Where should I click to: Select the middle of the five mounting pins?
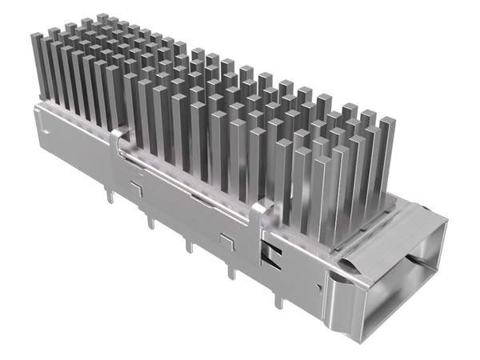pyautogui.click(x=189, y=245)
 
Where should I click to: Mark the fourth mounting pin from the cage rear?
pyautogui.click(x=231, y=271)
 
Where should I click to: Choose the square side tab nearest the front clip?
pyautogui.click(x=227, y=240)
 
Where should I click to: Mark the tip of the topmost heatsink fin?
pyautogui.click(x=102, y=18)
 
